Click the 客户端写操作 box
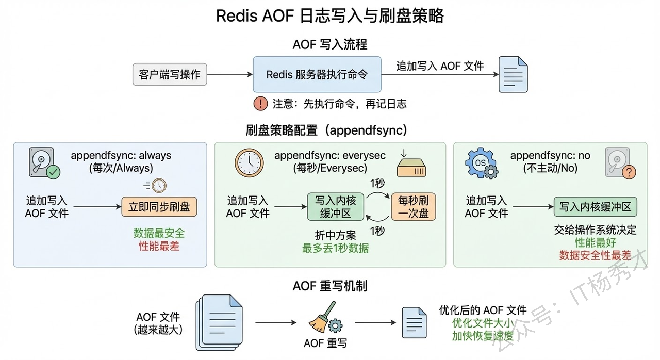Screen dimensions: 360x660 point(170,75)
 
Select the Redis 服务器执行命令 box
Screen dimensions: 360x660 point(317,75)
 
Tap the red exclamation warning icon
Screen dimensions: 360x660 point(260,104)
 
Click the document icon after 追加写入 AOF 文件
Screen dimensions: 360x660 point(513,75)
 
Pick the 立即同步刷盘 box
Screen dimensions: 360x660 point(159,207)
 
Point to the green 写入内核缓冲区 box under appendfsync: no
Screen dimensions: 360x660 point(595,207)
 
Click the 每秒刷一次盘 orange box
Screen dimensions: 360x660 point(414,207)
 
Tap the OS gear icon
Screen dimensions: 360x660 point(480,163)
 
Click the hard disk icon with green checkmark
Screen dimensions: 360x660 point(44,163)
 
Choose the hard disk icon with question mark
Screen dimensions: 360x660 point(618,163)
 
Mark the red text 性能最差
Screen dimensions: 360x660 point(159,246)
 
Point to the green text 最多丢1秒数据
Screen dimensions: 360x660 point(336,248)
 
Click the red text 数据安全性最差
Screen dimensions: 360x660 point(595,255)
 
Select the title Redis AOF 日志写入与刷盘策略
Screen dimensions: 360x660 point(330,16)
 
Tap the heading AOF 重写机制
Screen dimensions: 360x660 point(330,285)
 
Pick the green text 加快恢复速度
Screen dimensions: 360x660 point(483,336)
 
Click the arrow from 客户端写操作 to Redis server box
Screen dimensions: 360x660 point(229,75)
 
